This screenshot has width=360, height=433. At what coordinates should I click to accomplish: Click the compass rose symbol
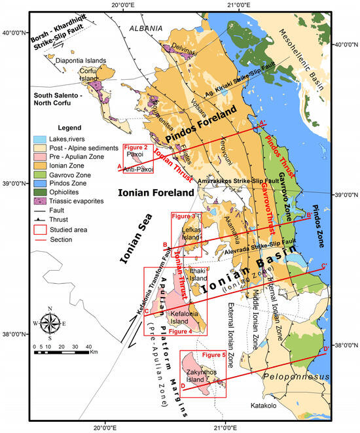coord(50,322)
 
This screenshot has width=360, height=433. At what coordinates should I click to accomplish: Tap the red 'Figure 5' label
coord(210,355)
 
